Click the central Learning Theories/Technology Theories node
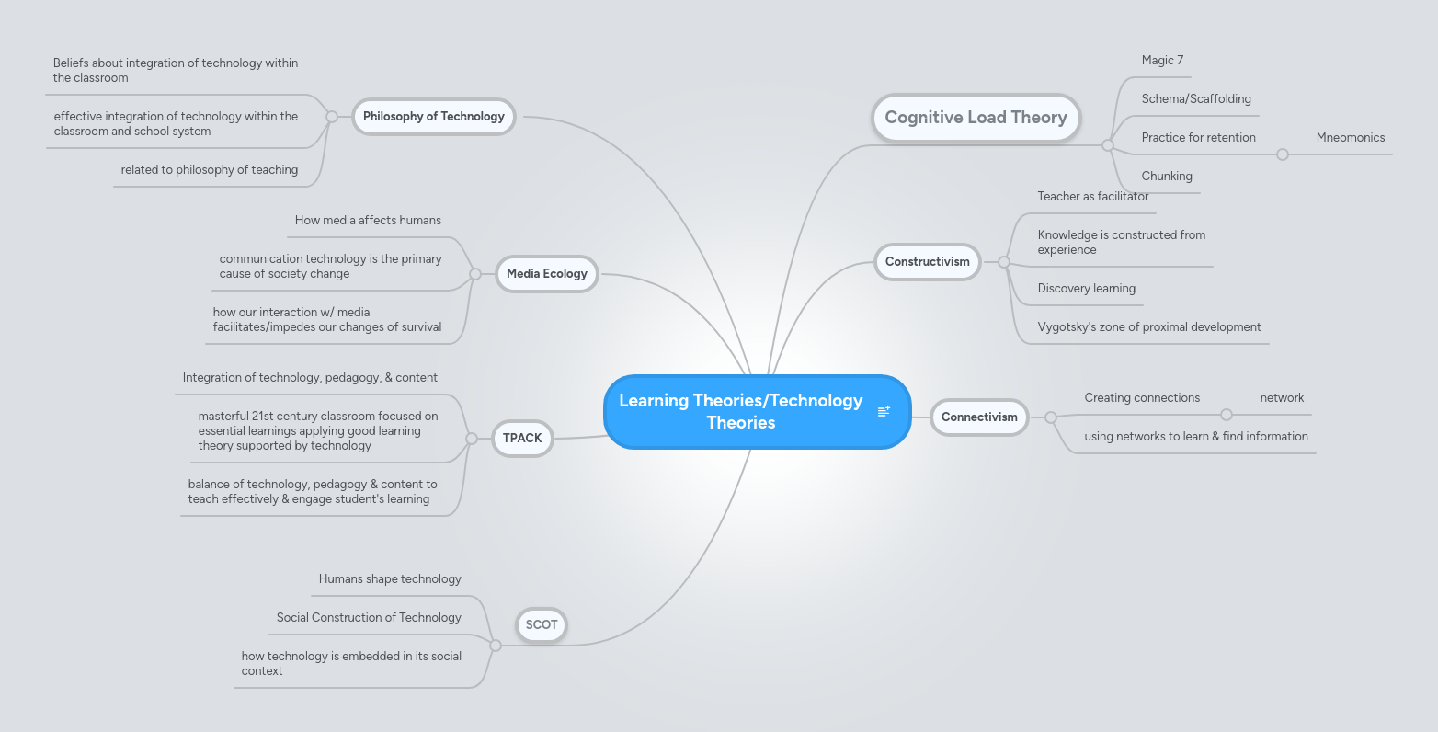click(x=741, y=412)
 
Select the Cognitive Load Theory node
click(x=976, y=118)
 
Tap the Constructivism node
click(x=927, y=262)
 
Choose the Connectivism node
click(x=979, y=417)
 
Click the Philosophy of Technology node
click(x=433, y=117)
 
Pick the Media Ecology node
click(x=546, y=274)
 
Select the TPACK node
click(x=522, y=439)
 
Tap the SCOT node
click(x=542, y=625)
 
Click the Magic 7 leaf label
click(x=1162, y=61)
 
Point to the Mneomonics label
click(x=1350, y=138)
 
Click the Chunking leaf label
click(x=1167, y=177)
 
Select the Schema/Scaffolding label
click(x=1196, y=99)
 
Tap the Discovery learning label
click(x=1086, y=289)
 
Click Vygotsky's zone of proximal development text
click(x=1148, y=327)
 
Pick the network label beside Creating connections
click(x=1282, y=398)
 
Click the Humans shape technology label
click(x=390, y=579)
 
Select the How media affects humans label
click(x=368, y=221)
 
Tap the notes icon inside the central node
click(x=884, y=412)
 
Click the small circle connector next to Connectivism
click(x=1051, y=417)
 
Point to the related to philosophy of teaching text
click(x=210, y=170)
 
